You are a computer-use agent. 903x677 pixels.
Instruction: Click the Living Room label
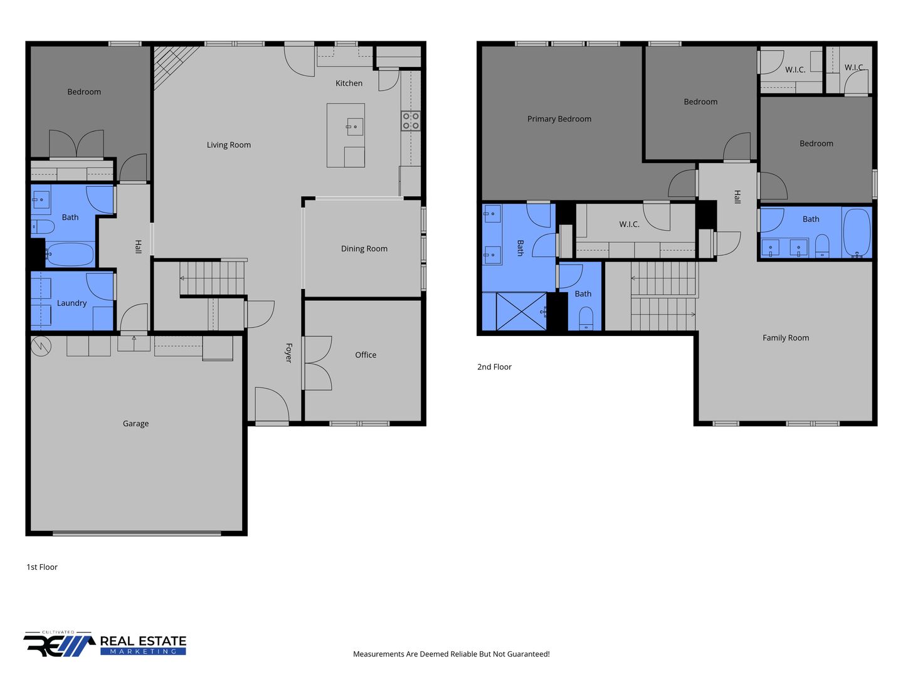[228, 145]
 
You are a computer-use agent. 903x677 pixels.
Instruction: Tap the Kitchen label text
[349, 83]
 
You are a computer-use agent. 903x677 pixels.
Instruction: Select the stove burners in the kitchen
[411, 121]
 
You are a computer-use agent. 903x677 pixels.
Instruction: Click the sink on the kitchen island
[355, 127]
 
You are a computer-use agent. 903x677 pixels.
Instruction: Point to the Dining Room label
[364, 249]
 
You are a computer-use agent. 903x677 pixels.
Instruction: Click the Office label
[366, 355]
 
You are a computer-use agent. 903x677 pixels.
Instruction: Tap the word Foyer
[289, 353]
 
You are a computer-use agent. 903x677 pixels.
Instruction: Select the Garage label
[135, 423]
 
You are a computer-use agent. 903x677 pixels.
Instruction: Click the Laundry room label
[71, 303]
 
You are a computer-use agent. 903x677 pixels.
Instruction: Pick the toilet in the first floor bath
[43, 226]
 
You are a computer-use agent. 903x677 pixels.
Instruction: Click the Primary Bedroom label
[559, 119]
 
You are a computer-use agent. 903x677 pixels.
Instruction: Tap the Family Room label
[785, 338]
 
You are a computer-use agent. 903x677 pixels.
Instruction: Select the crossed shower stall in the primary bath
[521, 311]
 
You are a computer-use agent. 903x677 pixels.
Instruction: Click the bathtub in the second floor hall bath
[857, 233]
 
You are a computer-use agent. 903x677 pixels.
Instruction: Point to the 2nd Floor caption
[494, 367]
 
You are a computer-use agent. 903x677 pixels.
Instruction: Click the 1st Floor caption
[42, 567]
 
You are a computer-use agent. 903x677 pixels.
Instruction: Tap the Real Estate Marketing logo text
[143, 644]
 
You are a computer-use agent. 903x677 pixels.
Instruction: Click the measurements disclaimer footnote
[451, 654]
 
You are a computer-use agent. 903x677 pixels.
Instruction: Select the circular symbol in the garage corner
[41, 346]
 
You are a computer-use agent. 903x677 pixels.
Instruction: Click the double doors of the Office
[317, 364]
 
